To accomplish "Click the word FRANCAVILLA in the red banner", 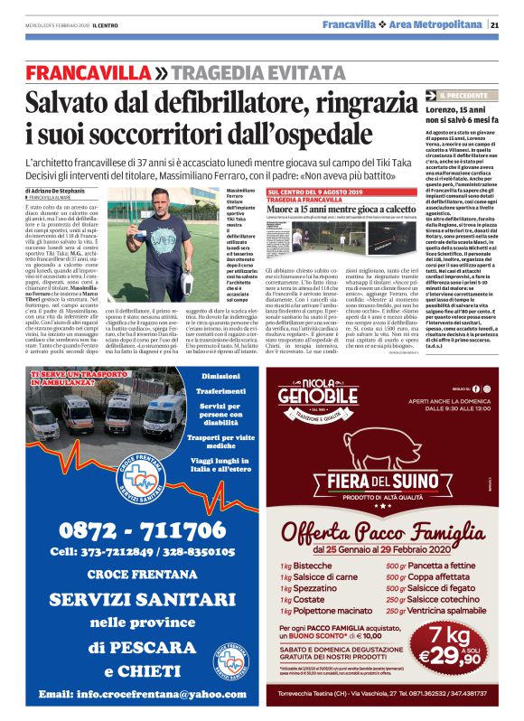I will [x=89, y=73].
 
